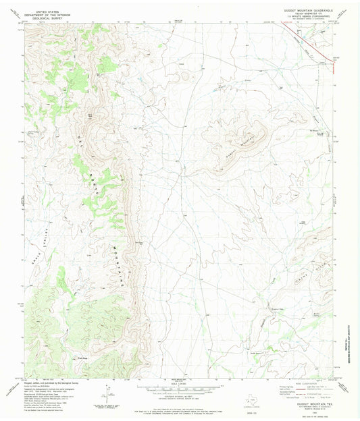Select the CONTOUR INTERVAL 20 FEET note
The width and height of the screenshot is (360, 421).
pyautogui.click(x=180, y=401)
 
